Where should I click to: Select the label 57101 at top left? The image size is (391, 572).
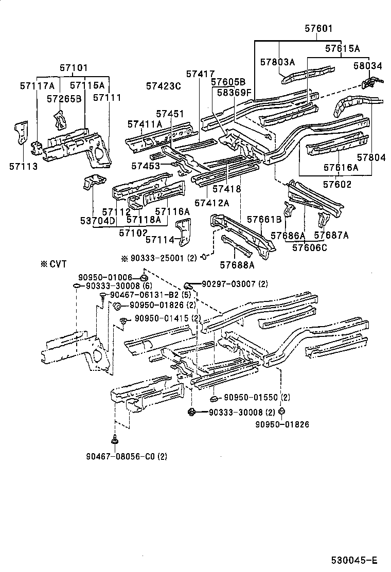coord(73,67)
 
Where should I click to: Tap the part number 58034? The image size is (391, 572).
coord(368,66)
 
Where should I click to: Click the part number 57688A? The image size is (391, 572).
coord(237,265)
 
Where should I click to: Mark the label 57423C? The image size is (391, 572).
coord(163,86)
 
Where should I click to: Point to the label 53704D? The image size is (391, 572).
coord(97,221)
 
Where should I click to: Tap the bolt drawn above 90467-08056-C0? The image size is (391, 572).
coord(114,440)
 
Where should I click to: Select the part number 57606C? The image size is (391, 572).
coord(310,247)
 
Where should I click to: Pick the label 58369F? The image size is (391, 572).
coord(233,93)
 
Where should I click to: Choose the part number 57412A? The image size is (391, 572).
coord(211,203)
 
